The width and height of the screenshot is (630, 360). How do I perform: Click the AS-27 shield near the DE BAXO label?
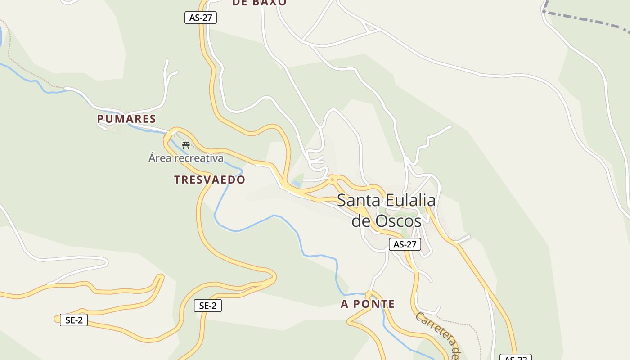[x=201, y=18]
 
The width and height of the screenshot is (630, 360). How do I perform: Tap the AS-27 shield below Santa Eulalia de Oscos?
[x=405, y=244]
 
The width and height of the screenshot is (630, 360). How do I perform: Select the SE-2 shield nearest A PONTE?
[x=208, y=306]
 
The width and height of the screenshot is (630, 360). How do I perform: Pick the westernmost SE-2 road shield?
[x=74, y=320]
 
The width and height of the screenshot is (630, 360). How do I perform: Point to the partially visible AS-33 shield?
[x=516, y=357]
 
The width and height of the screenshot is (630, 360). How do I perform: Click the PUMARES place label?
[x=126, y=119]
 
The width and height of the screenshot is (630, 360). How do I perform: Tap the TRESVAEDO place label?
[x=210, y=180]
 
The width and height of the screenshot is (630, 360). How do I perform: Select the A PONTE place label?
[x=368, y=304]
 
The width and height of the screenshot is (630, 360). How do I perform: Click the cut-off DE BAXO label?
[x=259, y=3]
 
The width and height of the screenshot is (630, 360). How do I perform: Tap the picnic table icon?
[x=185, y=145]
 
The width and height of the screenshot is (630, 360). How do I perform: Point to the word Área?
[x=160, y=158]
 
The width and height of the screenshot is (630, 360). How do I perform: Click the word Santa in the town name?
[x=358, y=200]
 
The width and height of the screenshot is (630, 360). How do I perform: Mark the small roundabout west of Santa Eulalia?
[x=333, y=180]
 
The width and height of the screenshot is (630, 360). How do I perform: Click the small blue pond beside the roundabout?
[x=297, y=184]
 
